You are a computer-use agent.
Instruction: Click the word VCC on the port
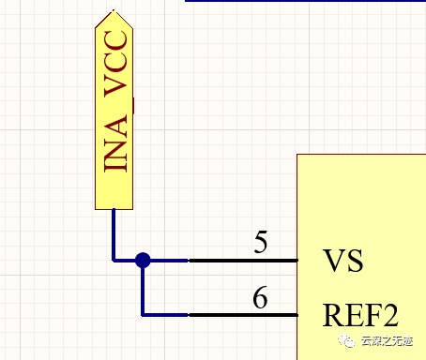[x=115, y=63]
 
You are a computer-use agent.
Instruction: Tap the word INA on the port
[x=115, y=143]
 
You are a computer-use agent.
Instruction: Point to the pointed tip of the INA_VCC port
[x=114, y=10]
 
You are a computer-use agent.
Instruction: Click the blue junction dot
[x=143, y=260]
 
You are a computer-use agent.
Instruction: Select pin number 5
[x=261, y=242]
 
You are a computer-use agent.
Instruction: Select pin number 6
[x=260, y=297]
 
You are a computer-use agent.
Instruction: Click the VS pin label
[x=342, y=261]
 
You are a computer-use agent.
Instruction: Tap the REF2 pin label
[x=360, y=315]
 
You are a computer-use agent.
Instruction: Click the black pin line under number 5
[x=243, y=260]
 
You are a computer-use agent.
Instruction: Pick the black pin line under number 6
[x=243, y=315]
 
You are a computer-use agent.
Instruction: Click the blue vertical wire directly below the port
[x=114, y=234]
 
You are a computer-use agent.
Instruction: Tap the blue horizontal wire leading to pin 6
[x=165, y=315]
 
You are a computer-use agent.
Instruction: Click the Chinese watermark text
[x=387, y=341]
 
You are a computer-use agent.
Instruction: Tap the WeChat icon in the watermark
[x=347, y=341]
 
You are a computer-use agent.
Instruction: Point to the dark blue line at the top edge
[x=306, y=1]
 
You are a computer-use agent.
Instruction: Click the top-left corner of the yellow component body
[x=297, y=154]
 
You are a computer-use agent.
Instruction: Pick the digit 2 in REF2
[x=390, y=315]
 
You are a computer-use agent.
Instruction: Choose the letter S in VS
[x=356, y=261]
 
